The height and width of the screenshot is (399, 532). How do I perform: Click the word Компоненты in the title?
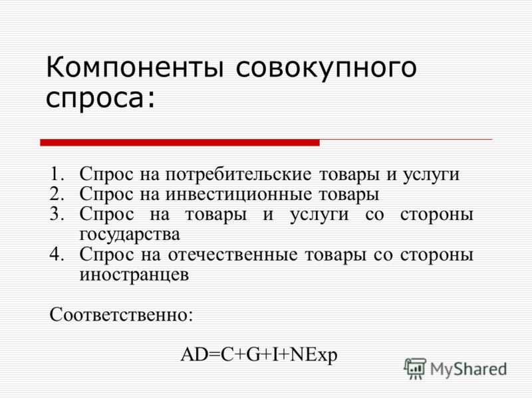click(x=135, y=67)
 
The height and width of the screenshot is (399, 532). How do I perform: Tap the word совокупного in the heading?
click(x=326, y=70)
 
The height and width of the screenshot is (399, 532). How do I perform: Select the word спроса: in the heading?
click(x=100, y=99)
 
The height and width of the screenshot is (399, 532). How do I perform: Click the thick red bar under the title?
click(x=180, y=143)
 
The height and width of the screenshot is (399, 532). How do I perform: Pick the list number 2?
click(x=57, y=194)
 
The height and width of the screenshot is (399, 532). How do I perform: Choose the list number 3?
click(x=57, y=213)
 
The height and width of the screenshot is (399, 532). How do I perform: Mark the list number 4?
click(x=57, y=254)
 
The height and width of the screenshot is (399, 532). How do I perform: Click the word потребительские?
click(x=239, y=174)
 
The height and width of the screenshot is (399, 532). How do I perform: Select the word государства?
click(x=130, y=235)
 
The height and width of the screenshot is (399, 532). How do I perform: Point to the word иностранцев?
click(x=134, y=275)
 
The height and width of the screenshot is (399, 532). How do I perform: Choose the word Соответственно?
click(x=121, y=315)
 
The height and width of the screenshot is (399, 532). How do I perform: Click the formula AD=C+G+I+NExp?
click(x=259, y=355)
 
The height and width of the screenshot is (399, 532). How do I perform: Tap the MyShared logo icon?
click(x=415, y=368)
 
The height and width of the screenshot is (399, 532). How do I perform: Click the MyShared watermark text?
click(x=468, y=369)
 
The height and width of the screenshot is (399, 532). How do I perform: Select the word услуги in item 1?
click(x=431, y=175)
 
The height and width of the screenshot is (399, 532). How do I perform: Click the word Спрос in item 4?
click(x=107, y=255)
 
